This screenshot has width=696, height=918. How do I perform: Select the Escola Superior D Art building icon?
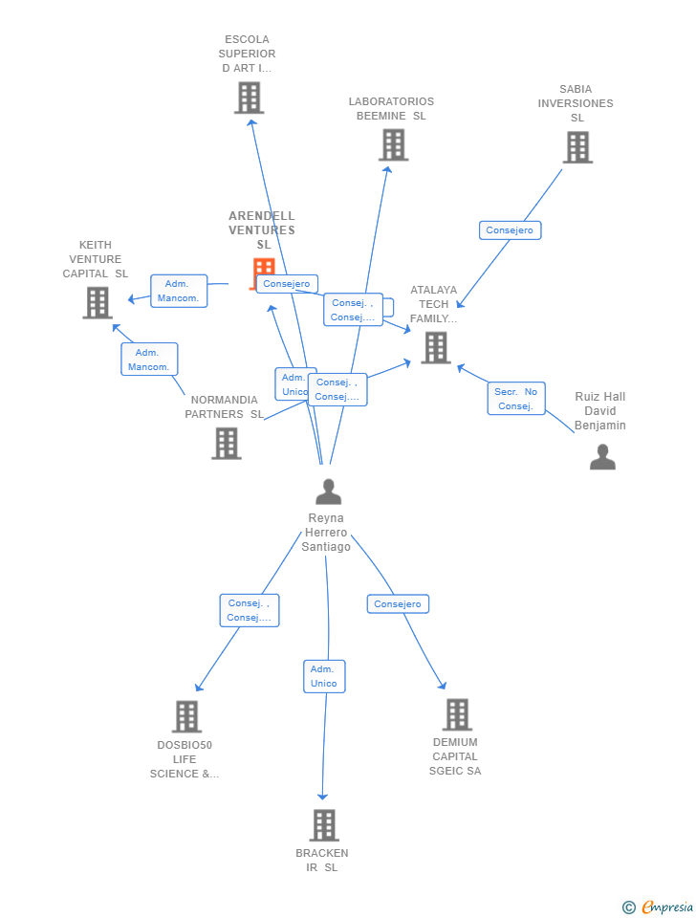(249, 98)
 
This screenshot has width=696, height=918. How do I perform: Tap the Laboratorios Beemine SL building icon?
(393, 144)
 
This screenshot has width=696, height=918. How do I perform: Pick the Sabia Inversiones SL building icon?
(577, 147)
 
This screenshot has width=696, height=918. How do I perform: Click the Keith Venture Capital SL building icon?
(98, 302)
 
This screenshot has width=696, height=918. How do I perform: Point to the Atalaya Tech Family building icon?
(436, 347)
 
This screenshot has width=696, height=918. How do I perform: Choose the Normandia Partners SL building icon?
(227, 443)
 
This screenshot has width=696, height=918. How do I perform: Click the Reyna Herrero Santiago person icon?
(328, 492)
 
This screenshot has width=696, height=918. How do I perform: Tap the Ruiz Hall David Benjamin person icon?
(602, 457)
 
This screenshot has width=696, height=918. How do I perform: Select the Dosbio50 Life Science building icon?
(186, 716)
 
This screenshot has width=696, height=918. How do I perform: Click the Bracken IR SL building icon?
(324, 825)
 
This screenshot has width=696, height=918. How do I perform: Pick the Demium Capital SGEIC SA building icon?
(457, 714)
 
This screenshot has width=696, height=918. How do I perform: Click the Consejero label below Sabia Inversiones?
(510, 230)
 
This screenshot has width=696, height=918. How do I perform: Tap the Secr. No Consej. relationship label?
(516, 399)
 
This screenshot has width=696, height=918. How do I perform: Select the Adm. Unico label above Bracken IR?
(324, 676)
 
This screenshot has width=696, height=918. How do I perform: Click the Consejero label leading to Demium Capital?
(398, 604)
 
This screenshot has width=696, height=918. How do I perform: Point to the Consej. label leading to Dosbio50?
(250, 610)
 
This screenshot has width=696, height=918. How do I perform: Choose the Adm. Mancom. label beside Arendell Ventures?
(179, 291)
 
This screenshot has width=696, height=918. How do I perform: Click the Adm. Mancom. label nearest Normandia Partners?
(149, 360)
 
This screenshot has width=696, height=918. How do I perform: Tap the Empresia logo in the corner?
(659, 907)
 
